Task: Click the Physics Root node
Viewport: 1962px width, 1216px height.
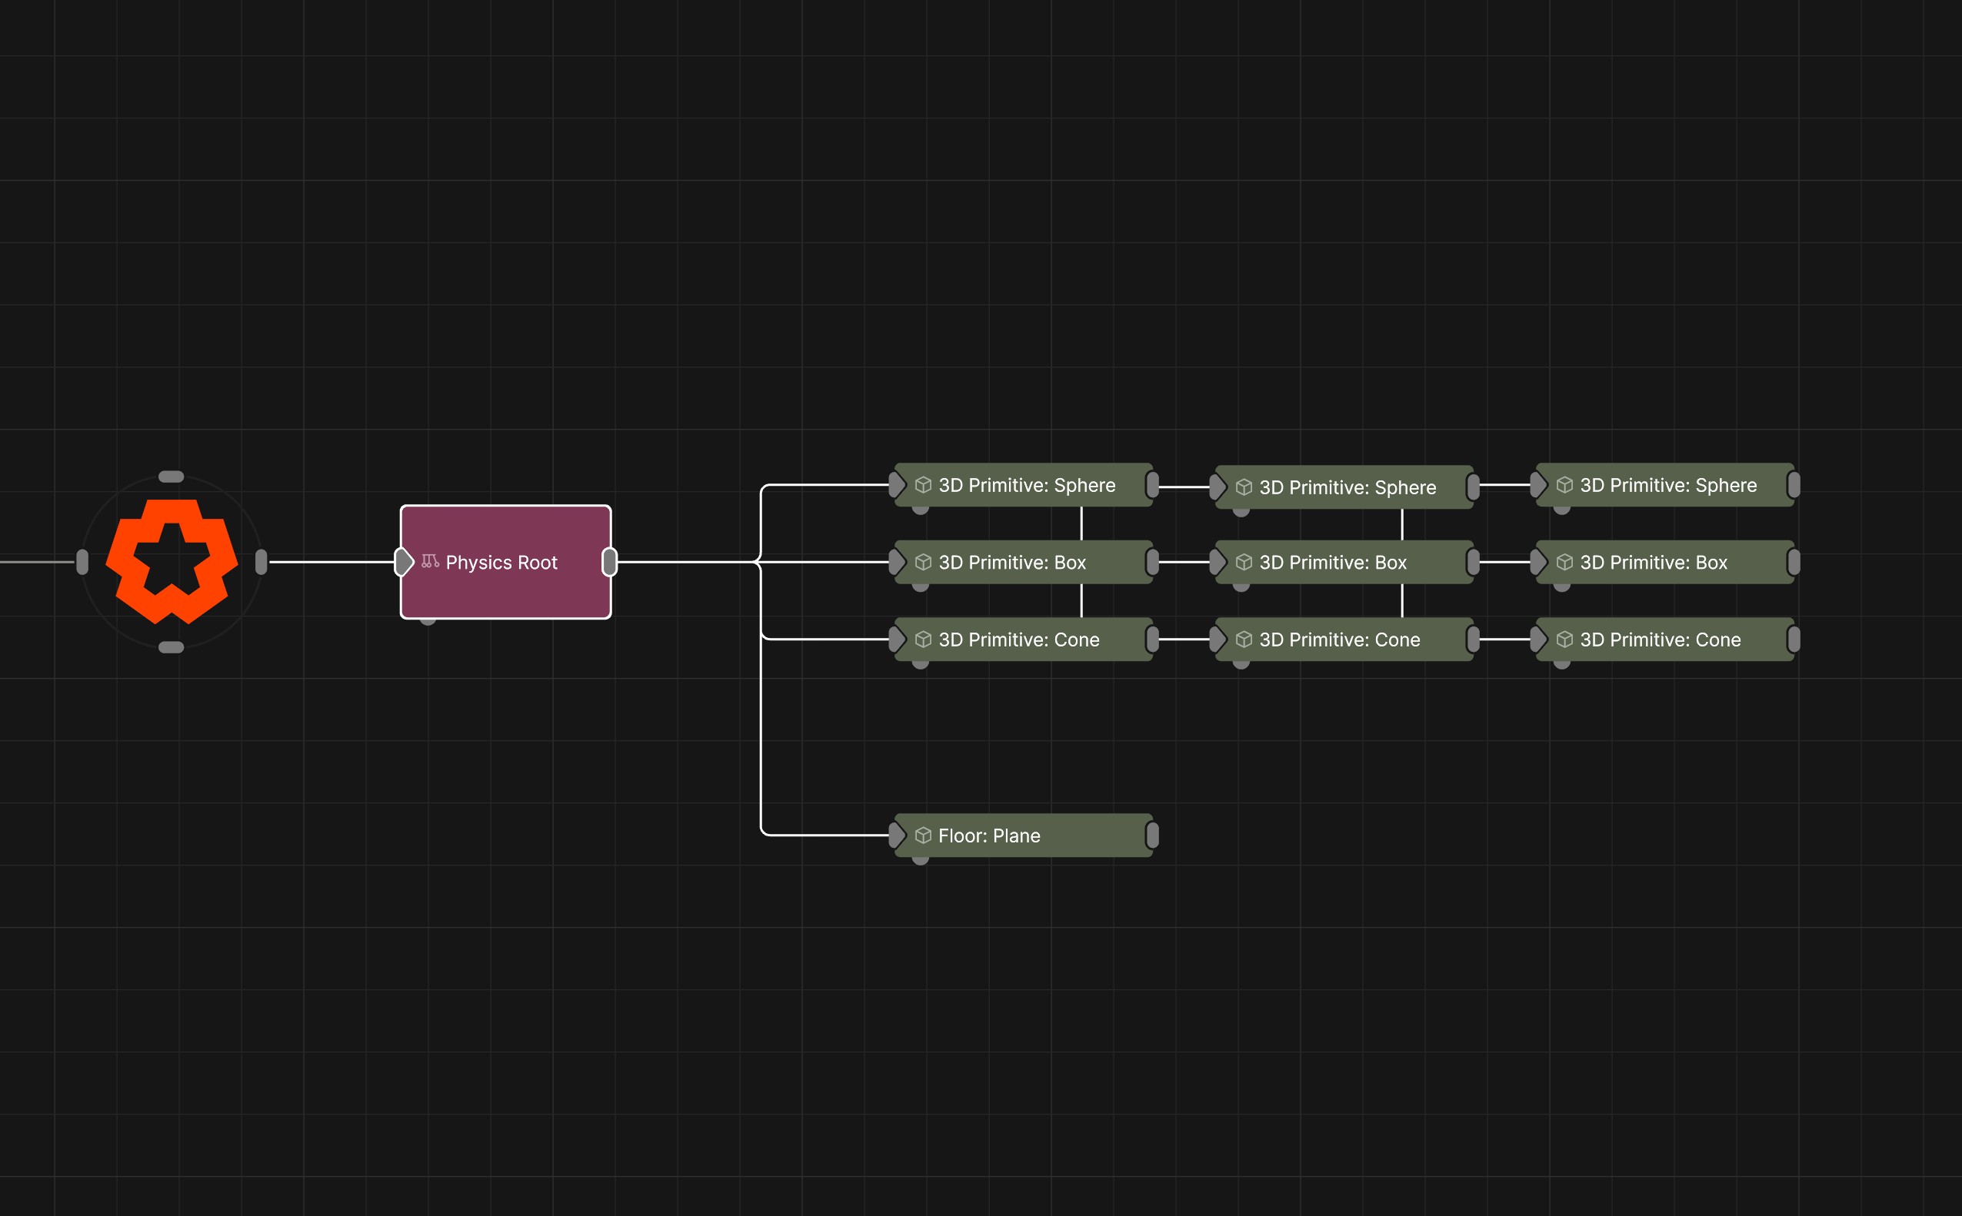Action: [x=505, y=562]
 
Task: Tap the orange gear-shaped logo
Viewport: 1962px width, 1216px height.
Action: [x=172, y=561]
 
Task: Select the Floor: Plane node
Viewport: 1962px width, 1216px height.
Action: [x=1023, y=835]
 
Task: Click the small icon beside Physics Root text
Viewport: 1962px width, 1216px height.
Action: [x=430, y=561]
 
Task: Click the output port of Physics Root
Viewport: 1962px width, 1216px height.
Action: [x=610, y=562]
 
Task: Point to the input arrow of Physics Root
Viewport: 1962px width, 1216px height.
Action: [x=403, y=562]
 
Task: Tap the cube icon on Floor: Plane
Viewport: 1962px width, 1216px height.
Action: [x=923, y=836]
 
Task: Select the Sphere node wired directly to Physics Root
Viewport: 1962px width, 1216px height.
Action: [x=1023, y=485]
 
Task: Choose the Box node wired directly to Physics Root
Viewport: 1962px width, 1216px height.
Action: [x=1023, y=562]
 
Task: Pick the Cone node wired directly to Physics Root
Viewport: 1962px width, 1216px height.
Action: [x=1023, y=640]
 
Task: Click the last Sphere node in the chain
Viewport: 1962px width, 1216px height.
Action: [x=1664, y=485]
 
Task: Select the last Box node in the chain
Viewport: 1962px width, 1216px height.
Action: [x=1664, y=562]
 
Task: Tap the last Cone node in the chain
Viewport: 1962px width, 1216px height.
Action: [x=1664, y=640]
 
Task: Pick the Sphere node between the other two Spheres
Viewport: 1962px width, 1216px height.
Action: [x=1344, y=487]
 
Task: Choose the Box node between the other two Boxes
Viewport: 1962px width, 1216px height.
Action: [x=1344, y=562]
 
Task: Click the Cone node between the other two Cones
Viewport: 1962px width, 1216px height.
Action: [x=1344, y=640]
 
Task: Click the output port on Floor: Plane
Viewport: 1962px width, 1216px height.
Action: [x=1152, y=836]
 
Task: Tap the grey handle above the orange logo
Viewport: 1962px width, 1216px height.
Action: [x=172, y=477]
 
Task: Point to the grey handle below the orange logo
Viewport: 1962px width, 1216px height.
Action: [x=172, y=647]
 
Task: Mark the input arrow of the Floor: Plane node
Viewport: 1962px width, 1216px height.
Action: [x=898, y=836]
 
